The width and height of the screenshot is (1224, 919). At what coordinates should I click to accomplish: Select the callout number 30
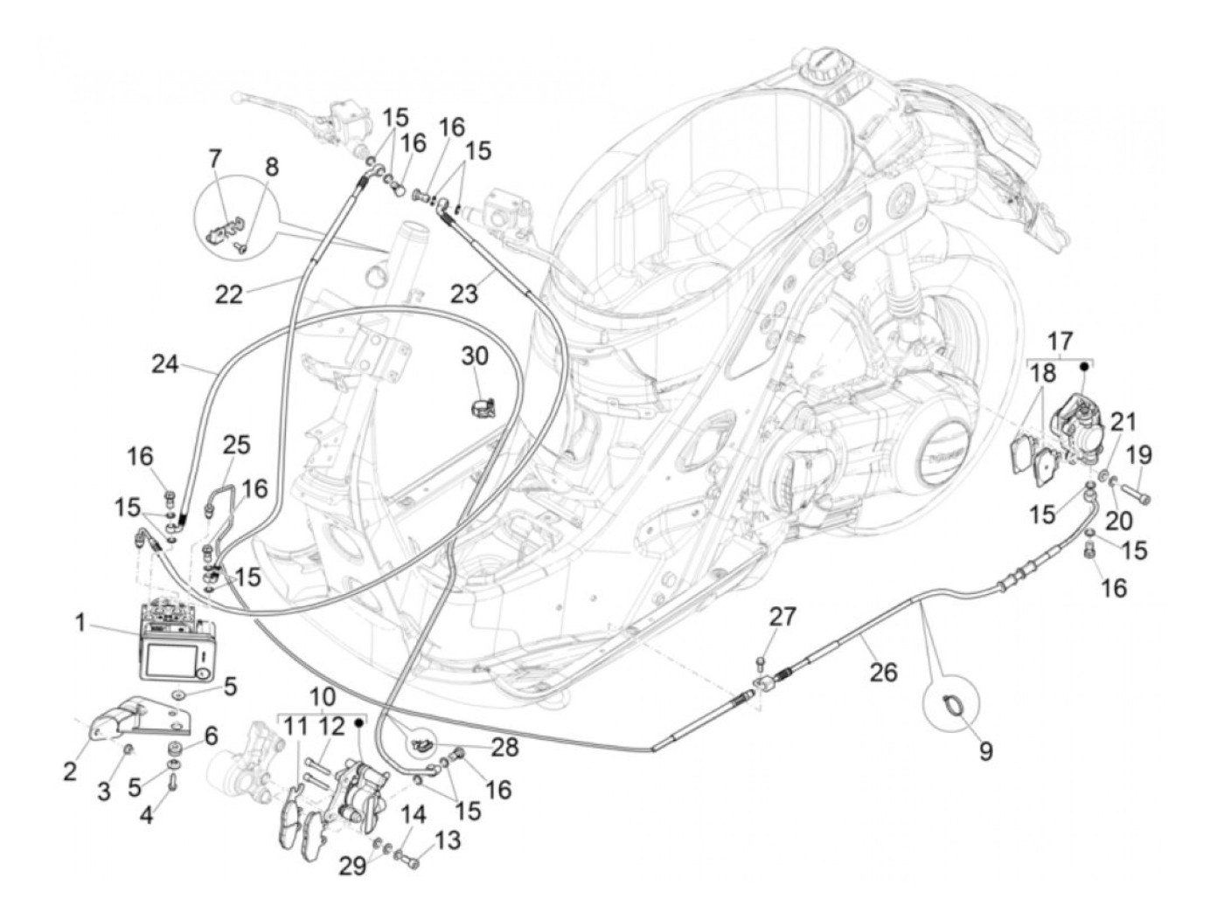[475, 356]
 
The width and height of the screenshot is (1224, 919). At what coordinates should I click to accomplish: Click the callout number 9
[985, 750]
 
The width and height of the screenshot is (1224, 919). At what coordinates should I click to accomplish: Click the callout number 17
[1059, 340]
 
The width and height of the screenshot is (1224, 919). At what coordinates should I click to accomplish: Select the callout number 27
[782, 617]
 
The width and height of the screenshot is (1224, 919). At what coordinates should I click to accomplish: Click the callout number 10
[321, 696]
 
